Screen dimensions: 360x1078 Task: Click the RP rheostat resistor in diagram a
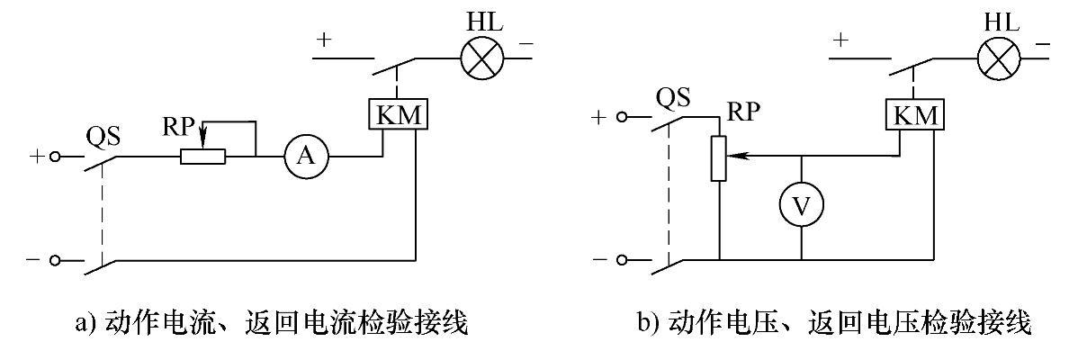click(202, 157)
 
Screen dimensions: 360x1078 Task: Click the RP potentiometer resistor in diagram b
click(718, 157)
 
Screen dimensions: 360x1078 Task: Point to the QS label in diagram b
click(668, 98)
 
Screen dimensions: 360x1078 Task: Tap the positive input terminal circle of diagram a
click(55, 157)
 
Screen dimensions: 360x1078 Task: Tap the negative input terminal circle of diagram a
click(55, 261)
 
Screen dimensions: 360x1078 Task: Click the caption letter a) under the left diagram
click(83, 324)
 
